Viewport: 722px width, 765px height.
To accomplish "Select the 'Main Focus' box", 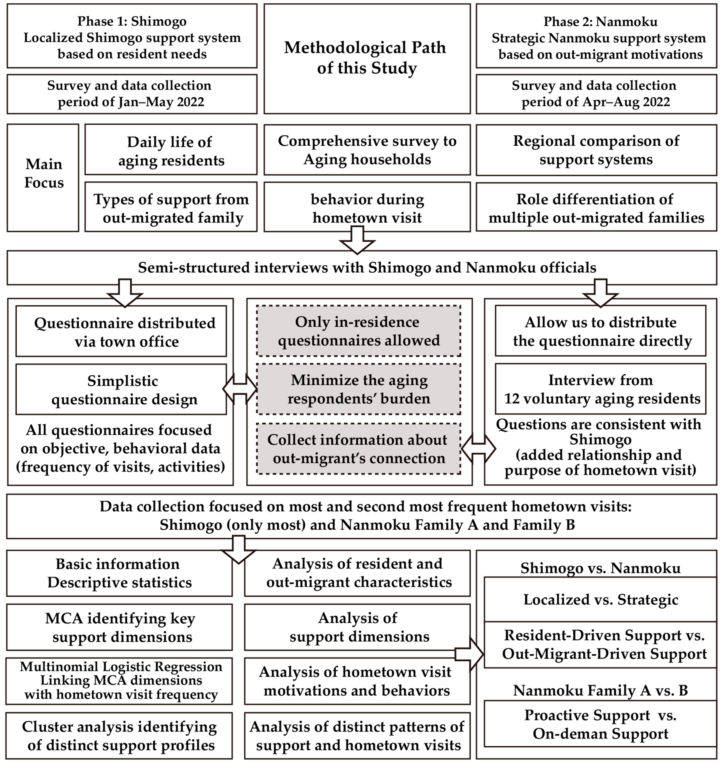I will [x=43, y=178].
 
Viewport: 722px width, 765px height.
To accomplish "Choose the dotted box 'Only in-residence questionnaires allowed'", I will [x=358, y=331].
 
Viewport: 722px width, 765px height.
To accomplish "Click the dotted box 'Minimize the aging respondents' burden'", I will [x=358, y=389].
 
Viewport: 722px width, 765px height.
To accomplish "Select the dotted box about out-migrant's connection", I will [x=358, y=449].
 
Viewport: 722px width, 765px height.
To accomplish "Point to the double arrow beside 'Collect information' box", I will [x=478, y=449].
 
